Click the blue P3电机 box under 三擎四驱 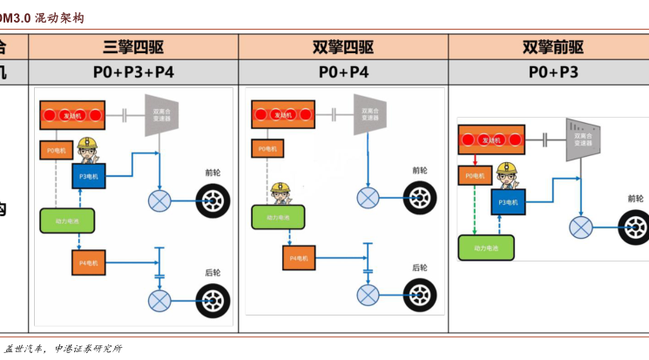(89, 176)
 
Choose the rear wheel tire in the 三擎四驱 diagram (213, 301)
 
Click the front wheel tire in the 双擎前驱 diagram (634, 228)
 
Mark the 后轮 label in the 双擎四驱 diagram (421, 268)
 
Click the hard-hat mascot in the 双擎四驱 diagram (279, 194)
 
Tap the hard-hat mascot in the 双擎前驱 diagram (507, 176)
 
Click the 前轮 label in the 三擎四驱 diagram (214, 173)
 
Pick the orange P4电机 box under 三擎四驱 (89, 262)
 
